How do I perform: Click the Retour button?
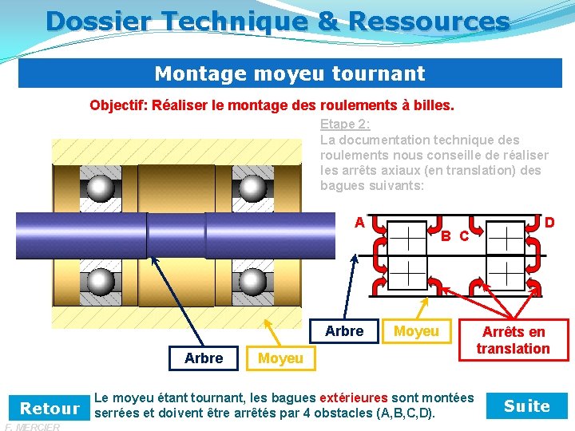pos(50,408)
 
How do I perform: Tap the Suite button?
pos(527,406)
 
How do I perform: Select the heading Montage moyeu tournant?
pos(289,74)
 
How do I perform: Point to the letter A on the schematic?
pos(360,222)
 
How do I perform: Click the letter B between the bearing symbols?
pos(447,235)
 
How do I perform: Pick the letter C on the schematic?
pos(464,236)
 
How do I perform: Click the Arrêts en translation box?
pos(513,340)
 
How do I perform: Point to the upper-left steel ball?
pos(101,188)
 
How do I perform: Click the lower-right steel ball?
pos(252,281)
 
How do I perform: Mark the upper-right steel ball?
pos(252,188)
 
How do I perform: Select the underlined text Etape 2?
pos(345,124)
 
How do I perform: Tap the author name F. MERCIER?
pos(31,427)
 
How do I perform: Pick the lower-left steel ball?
pos(101,281)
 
